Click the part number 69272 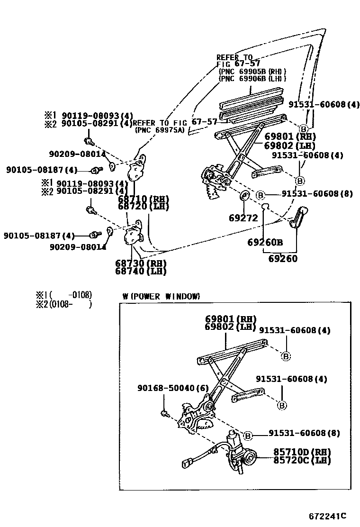(x=243, y=218)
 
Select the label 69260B (x=265, y=242)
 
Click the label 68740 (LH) (x=140, y=271)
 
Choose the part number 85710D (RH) (x=301, y=452)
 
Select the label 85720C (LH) (x=301, y=460)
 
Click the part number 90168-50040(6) (x=173, y=388)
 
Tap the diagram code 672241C (x=328, y=516)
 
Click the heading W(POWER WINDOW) (x=161, y=296)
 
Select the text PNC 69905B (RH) (x=252, y=71)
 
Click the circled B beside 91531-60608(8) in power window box (x=248, y=436)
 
